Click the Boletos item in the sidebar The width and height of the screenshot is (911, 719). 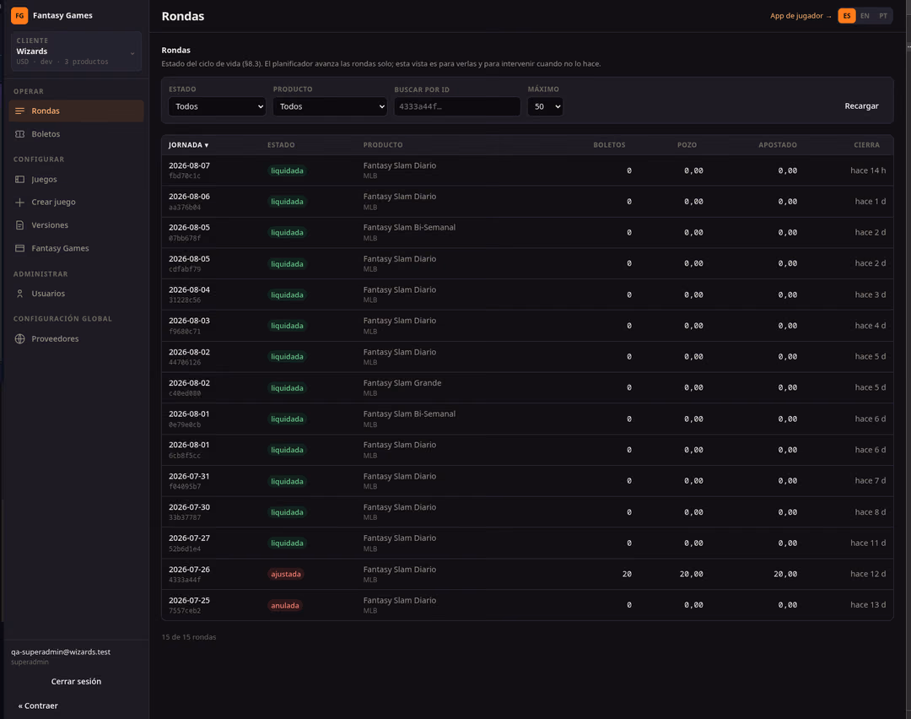(x=46, y=133)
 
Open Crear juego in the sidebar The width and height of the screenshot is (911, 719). (x=53, y=202)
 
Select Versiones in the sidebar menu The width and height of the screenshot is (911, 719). (x=50, y=225)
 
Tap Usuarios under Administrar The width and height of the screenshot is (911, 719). (x=47, y=294)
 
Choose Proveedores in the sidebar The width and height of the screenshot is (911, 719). (x=55, y=339)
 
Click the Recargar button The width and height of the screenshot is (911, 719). (x=861, y=105)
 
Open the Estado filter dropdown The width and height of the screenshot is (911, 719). (x=217, y=106)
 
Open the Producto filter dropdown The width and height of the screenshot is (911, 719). (x=330, y=106)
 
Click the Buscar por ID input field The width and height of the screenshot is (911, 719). (x=456, y=106)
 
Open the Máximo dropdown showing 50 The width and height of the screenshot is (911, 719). (x=545, y=106)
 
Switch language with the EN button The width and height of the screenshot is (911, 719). (x=865, y=16)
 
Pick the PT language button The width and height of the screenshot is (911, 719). (x=883, y=16)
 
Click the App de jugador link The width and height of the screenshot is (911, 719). (x=800, y=16)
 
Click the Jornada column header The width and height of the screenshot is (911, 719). (x=188, y=145)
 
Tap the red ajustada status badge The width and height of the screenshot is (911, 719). (x=286, y=574)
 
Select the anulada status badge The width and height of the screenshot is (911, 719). (x=285, y=605)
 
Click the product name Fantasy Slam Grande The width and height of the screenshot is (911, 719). (x=402, y=383)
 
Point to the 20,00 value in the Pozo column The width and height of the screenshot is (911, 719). (x=692, y=574)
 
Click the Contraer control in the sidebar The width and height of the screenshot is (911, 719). (x=38, y=705)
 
